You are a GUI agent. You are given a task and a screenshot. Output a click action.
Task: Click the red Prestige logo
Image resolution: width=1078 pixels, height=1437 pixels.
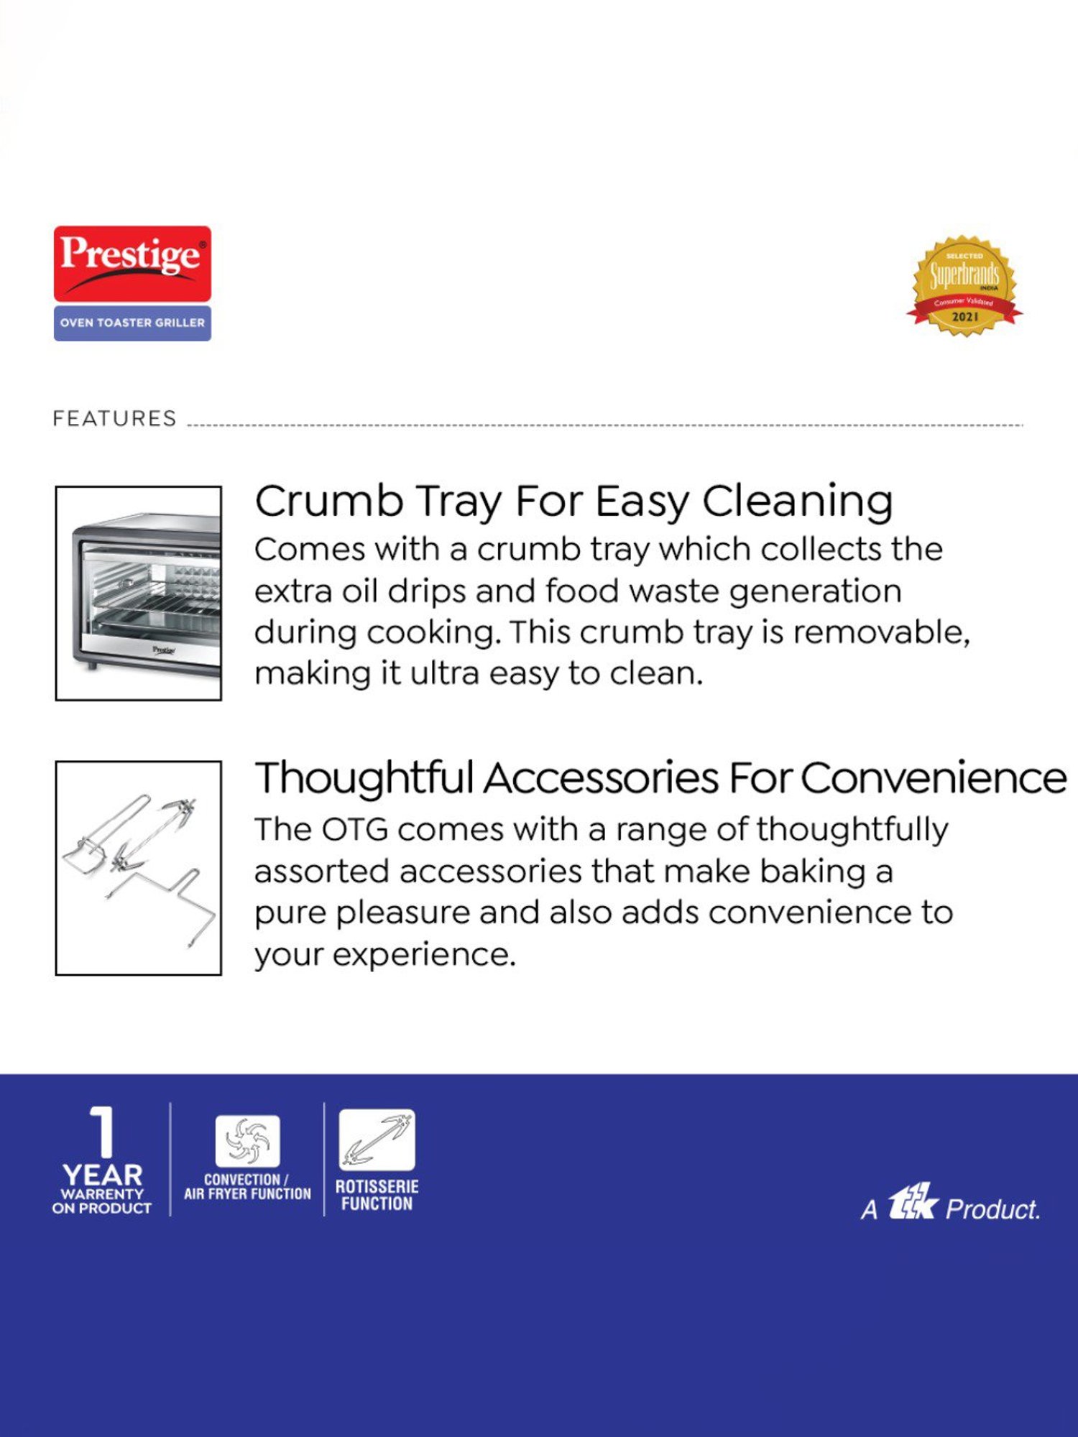pos(132,264)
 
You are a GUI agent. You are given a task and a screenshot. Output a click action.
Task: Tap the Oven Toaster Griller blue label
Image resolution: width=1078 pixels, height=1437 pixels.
pos(132,323)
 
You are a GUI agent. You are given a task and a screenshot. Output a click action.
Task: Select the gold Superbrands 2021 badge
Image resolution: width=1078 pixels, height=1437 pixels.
pos(964,286)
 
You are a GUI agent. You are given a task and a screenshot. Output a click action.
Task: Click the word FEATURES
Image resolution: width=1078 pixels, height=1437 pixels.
pos(114,418)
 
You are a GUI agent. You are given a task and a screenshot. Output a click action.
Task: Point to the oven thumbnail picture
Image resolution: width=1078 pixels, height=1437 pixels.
pos(139,593)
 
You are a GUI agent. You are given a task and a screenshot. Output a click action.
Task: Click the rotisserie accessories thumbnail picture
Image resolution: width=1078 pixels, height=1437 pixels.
pos(139,868)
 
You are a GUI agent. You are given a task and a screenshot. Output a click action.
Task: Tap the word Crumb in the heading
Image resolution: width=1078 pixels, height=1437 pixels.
pos(329,501)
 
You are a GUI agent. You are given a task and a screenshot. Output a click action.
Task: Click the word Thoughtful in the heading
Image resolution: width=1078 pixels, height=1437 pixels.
pos(364,778)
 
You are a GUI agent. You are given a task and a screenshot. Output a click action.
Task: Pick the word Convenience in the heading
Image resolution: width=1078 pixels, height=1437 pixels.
pos(934,778)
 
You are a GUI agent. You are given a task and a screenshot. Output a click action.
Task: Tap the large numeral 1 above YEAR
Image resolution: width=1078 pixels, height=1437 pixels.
pos(103,1132)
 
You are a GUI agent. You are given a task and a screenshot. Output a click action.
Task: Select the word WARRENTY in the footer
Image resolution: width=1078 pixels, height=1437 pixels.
pos(103,1193)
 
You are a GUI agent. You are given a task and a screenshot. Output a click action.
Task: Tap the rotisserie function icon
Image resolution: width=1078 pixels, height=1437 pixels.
pos(377,1140)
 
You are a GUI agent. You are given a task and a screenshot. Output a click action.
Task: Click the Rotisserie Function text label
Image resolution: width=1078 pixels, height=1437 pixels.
pos(377,1196)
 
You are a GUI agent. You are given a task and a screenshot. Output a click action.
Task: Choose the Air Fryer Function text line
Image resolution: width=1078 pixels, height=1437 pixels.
pos(247,1194)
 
